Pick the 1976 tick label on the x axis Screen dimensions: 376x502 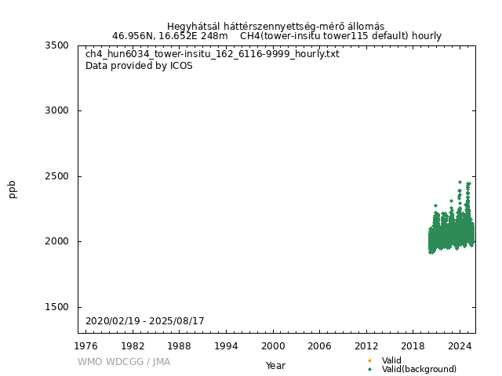click(86, 345)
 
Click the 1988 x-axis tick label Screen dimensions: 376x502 click(180, 345)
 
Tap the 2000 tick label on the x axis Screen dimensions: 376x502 click(273, 345)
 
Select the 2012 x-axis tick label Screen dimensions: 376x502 click(366, 345)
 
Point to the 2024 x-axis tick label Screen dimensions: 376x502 click(460, 345)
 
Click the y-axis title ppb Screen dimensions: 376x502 click(13, 189)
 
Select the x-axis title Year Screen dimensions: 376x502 click(275, 365)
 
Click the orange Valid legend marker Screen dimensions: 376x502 click(369, 360)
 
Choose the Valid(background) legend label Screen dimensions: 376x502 click(419, 369)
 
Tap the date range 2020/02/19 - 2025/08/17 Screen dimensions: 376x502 click(145, 321)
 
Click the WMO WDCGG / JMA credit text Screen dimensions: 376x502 click(124, 362)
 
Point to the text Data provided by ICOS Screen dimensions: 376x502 click(139, 66)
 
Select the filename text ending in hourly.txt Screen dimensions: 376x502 click(213, 54)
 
